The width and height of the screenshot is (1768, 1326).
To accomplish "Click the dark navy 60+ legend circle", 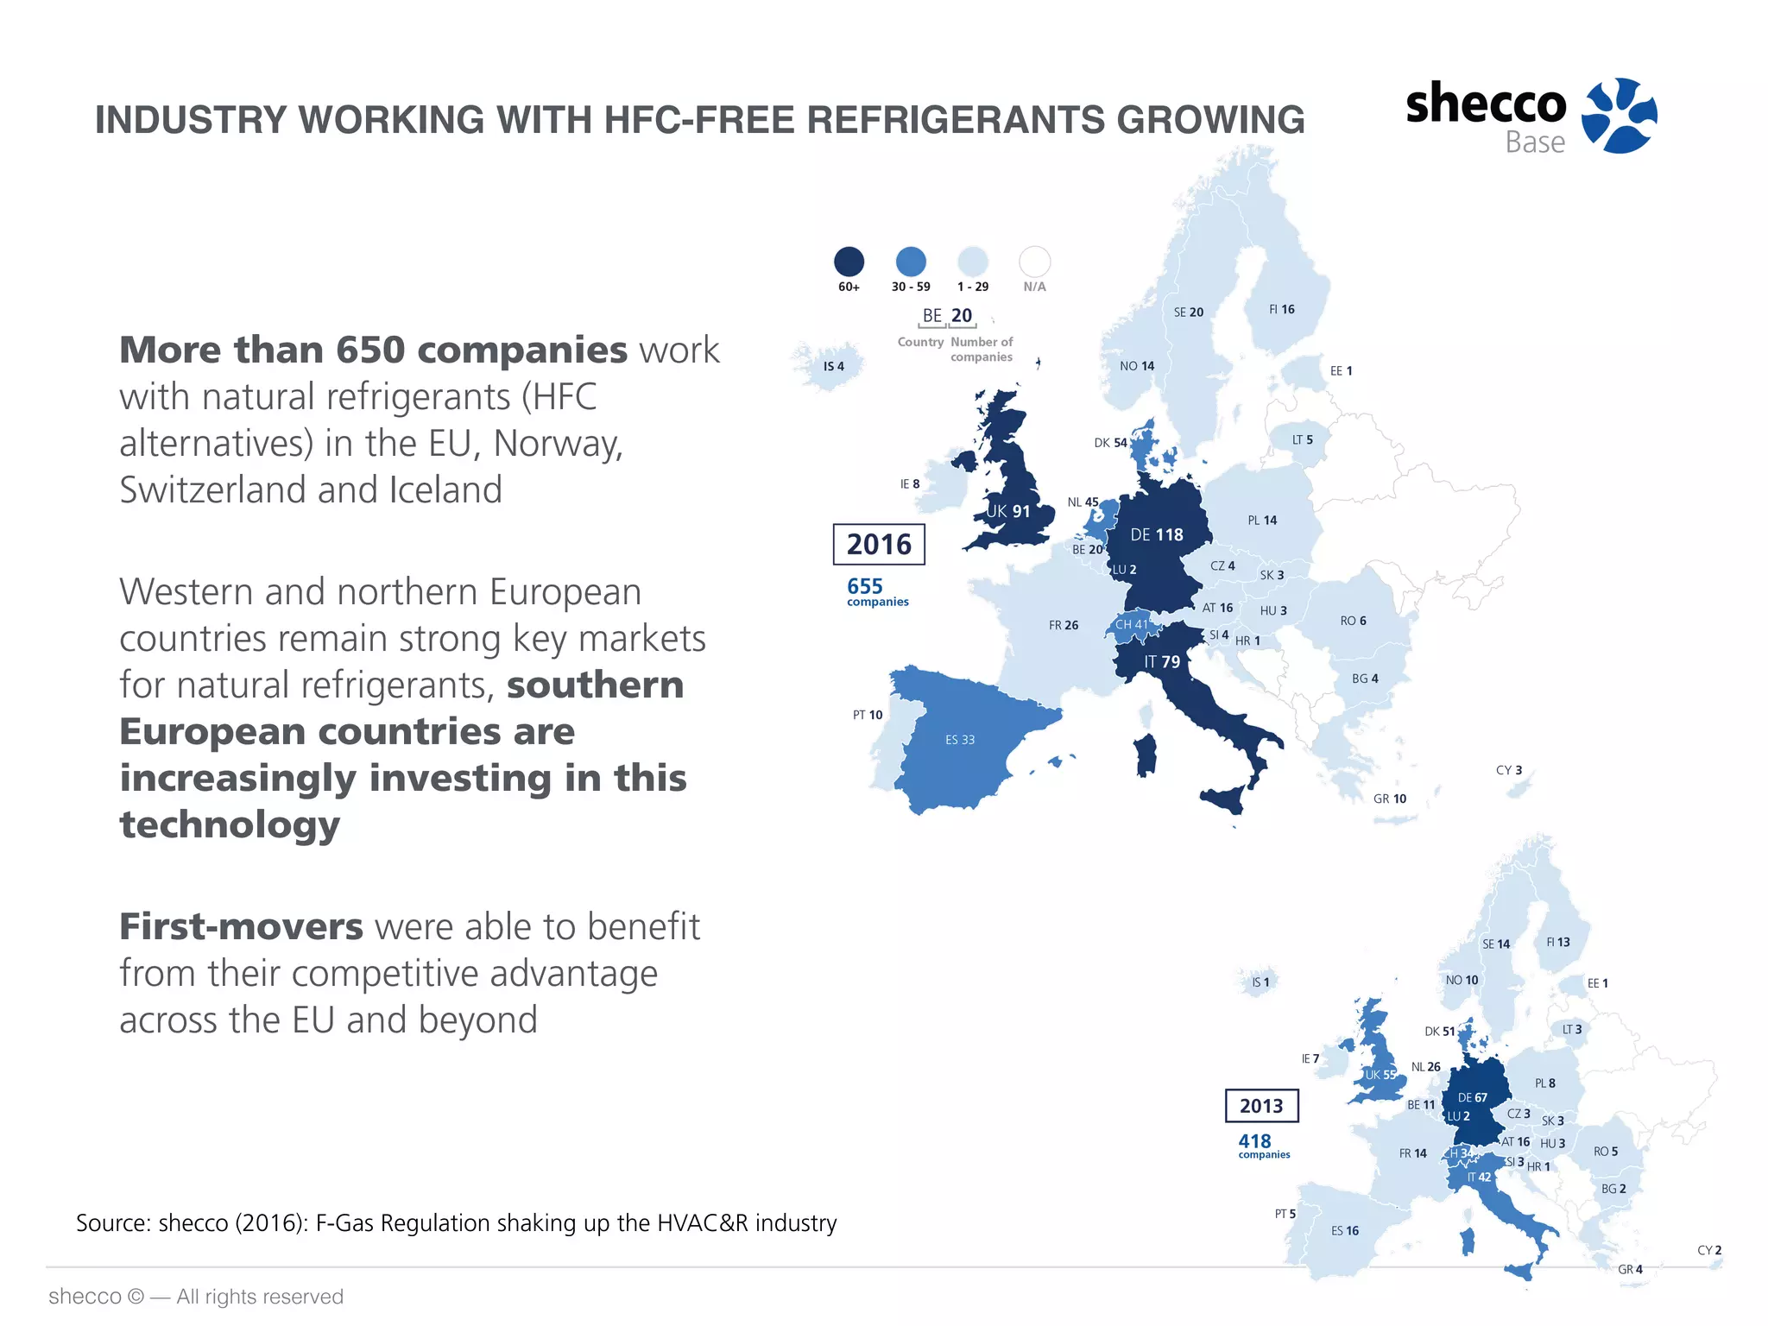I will (849, 262).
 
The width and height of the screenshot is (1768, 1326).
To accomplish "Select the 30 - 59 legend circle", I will (911, 262).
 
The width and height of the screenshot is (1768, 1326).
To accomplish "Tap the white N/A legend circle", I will (1034, 262).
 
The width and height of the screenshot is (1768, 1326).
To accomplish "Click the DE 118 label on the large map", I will (1157, 535).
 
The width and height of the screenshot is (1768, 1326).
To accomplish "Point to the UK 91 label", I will (1008, 511).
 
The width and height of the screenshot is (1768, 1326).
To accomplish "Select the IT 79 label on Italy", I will (1162, 662).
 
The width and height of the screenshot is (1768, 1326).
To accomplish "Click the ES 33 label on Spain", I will (960, 740).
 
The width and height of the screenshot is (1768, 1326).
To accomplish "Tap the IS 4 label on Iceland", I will (833, 366).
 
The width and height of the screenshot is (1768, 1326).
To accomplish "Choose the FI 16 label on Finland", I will (1282, 309).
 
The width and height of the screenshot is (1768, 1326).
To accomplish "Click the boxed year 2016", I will (879, 545).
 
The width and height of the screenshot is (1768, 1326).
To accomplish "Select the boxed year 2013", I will (1261, 1106).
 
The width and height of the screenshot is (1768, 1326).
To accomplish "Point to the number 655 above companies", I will (865, 586).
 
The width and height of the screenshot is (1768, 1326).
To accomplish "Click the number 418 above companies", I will (1254, 1141).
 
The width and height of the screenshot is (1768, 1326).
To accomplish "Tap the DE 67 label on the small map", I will (1473, 1098).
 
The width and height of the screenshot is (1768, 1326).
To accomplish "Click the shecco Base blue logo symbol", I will (1619, 115).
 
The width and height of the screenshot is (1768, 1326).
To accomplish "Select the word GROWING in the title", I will (1210, 120).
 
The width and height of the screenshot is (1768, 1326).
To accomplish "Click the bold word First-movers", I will (241, 926).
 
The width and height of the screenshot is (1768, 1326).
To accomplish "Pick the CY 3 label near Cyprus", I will (1509, 770).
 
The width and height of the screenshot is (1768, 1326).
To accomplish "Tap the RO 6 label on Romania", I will (1353, 621).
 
